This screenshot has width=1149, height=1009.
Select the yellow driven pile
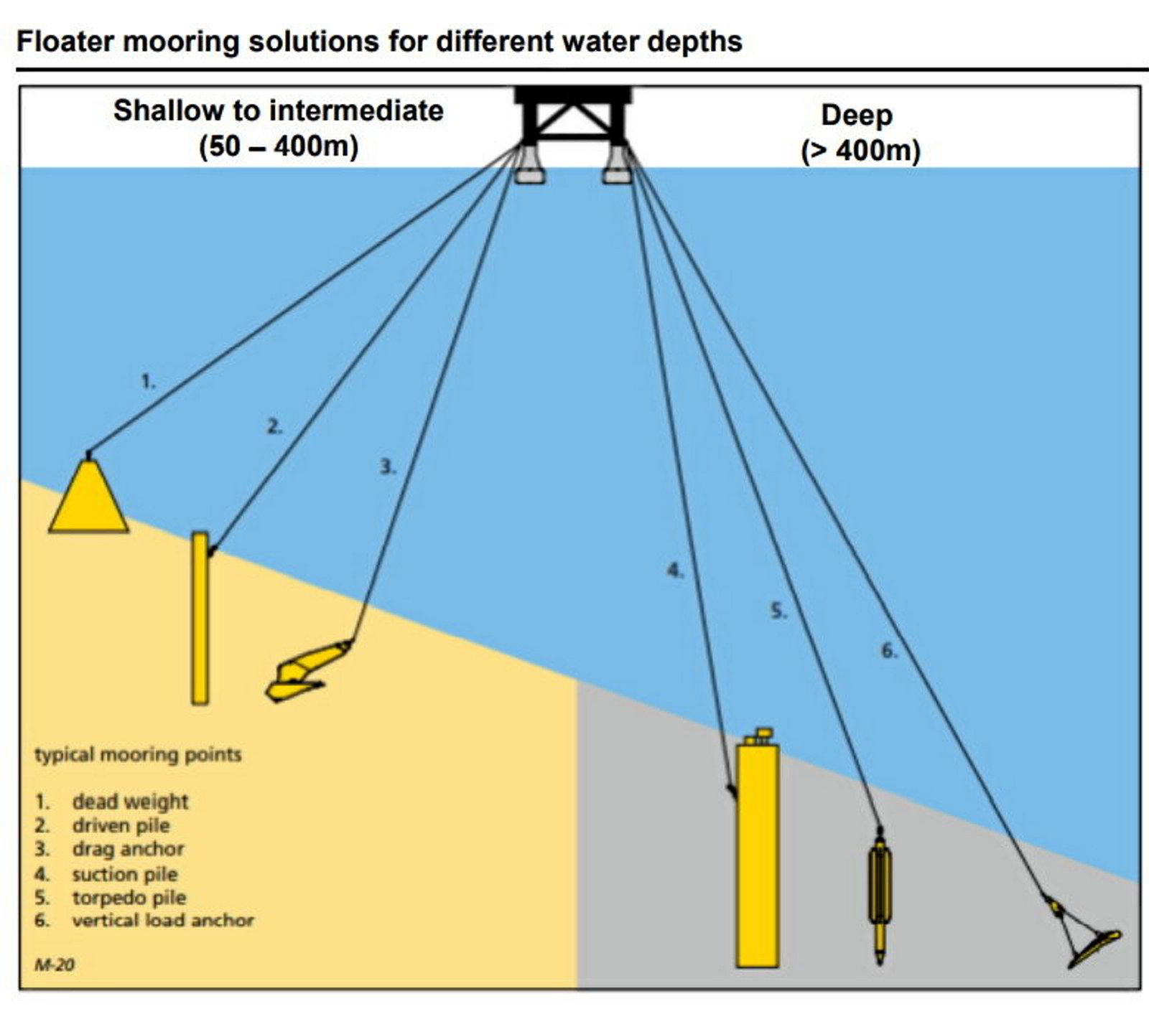coord(200,617)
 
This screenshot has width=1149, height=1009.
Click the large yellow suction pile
coord(757,854)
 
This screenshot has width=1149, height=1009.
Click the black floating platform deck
coord(574,96)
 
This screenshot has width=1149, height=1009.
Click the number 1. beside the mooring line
coord(147,382)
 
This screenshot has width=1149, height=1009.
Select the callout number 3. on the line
coord(387,467)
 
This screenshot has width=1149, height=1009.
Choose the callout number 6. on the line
coord(889,651)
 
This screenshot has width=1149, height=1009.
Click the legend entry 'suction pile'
coord(124,874)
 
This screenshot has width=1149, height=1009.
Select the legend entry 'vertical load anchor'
coord(162,920)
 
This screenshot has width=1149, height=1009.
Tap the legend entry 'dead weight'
coord(130,802)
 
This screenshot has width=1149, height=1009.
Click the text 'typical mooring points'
coord(138,754)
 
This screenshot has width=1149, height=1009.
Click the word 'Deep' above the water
coord(857,116)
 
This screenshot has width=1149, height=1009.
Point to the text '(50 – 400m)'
coord(278,146)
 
